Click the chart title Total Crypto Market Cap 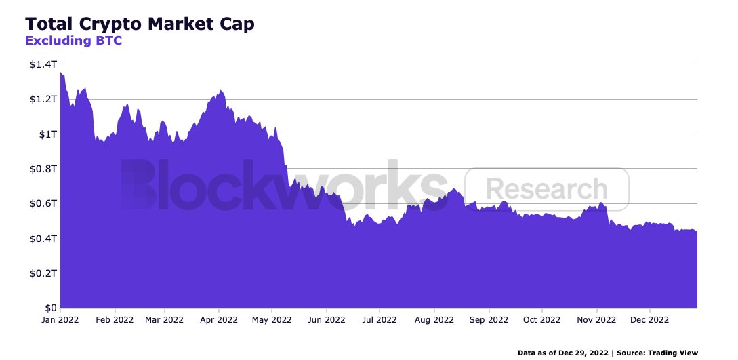pos(140,24)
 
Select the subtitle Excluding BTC pos(73,41)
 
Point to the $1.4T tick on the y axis pos(41,64)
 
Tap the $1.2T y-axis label pos(41,100)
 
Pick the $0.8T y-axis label pos(41,169)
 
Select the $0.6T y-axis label pos(41,204)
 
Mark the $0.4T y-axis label pos(41,239)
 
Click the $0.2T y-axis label pos(41,273)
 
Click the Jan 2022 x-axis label pos(60,319)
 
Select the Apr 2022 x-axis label pos(218,319)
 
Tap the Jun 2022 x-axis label pos(326,319)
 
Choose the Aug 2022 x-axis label pos(434,319)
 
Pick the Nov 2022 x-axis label pos(596,319)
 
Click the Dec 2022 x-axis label pos(649,319)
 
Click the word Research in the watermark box pos(547,189)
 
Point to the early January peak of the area pos(62,73)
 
